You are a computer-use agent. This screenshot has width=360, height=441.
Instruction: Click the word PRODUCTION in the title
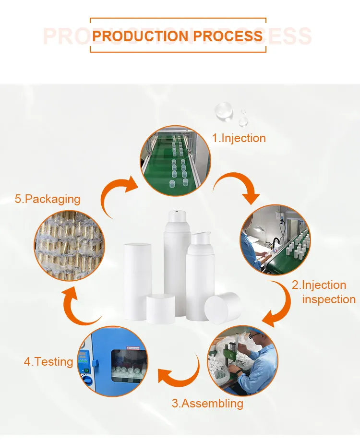coord(140,36)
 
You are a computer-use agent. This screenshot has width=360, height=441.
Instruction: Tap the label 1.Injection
coord(239,138)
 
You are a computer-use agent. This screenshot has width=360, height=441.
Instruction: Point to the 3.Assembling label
coord(207,403)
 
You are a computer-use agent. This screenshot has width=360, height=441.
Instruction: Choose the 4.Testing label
coord(48,361)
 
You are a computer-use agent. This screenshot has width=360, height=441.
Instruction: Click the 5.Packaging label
coord(48,199)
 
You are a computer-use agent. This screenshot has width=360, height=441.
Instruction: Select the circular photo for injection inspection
coord(275,240)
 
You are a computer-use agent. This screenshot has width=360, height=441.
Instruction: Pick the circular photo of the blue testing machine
coord(113,361)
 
